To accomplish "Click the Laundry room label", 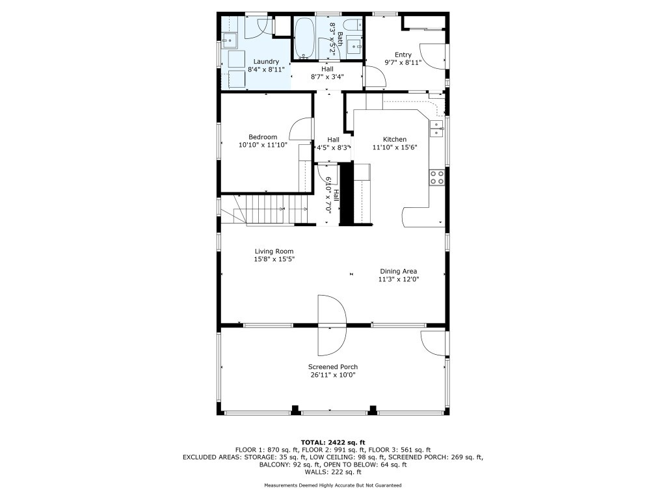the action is click(266, 62).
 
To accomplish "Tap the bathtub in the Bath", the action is click(304, 37).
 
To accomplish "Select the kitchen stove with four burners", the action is click(436, 177).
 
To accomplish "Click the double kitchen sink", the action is click(436, 129).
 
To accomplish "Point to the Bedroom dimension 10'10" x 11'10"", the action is click(263, 145).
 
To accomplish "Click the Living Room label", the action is click(274, 251).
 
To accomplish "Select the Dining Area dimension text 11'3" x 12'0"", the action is click(399, 279).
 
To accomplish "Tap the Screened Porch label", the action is click(333, 366).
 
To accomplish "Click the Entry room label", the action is click(403, 55).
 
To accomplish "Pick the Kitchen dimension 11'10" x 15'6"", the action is click(395, 147).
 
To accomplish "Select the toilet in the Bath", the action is click(353, 25).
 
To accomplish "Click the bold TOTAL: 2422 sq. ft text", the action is click(333, 442).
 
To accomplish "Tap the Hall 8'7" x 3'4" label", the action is click(327, 73).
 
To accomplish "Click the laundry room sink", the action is click(230, 40).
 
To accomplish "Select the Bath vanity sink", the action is click(354, 46).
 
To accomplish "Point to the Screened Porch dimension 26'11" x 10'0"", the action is click(333, 375).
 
